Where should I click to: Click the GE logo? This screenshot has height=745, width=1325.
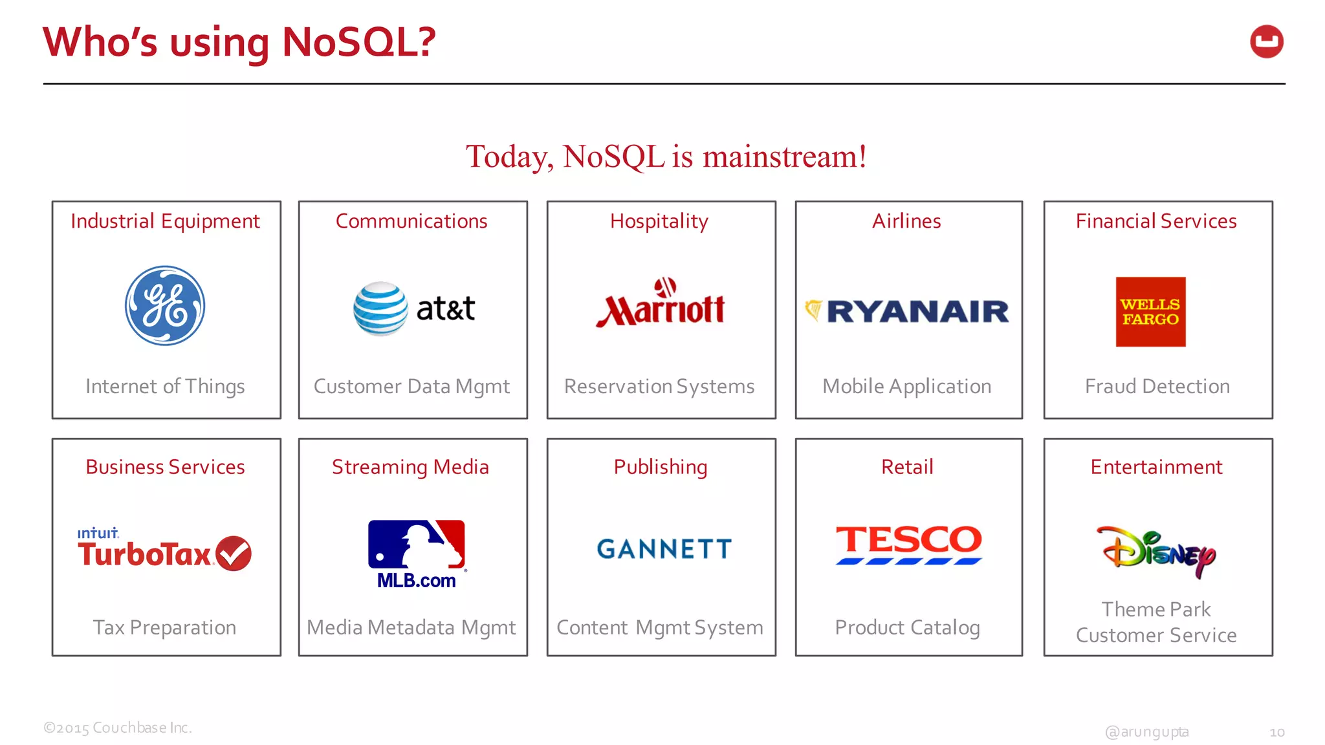165,306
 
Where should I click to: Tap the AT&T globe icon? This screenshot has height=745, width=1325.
380,308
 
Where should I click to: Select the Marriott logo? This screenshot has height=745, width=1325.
661,303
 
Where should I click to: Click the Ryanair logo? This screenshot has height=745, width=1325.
907,312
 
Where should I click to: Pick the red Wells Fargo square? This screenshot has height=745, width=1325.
1150,312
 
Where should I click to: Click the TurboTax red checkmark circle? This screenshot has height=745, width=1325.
234,554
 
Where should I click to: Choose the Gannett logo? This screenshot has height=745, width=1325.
664,549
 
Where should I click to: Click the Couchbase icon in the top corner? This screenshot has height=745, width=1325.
1266,42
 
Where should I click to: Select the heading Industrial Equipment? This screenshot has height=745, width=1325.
165,221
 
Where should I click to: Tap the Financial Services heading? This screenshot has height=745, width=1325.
1156,221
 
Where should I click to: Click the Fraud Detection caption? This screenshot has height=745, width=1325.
1157,386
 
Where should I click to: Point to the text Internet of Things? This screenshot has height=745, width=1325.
165,386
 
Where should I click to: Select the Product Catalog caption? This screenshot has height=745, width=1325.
907,627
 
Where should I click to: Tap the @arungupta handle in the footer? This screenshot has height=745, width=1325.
1146,731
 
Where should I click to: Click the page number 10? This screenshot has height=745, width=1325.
1276,732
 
